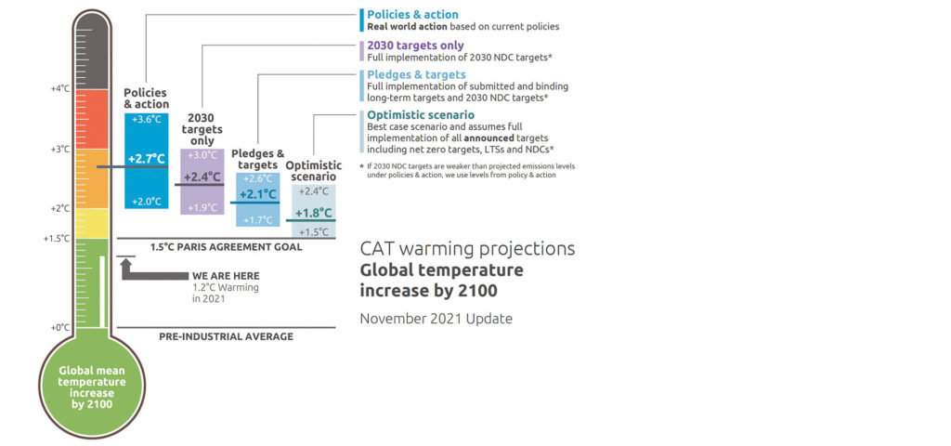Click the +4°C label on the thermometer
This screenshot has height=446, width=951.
tap(60, 88)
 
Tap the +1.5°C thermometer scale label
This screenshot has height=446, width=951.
tap(57, 239)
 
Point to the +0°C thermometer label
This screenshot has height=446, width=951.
tap(60, 328)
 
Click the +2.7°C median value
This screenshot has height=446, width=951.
tap(147, 159)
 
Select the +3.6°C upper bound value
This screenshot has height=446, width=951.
tap(147, 120)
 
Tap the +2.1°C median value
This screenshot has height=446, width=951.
tap(258, 195)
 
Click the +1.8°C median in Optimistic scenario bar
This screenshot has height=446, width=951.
tap(314, 213)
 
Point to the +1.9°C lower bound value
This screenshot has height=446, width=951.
tap(202, 207)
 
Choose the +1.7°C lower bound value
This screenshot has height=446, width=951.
tap(258, 220)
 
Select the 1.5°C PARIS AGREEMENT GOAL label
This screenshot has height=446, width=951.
tap(227, 247)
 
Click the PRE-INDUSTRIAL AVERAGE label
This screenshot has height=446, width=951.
tap(227, 336)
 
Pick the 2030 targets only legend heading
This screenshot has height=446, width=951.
tap(415, 46)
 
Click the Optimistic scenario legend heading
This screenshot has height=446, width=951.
tap(421, 114)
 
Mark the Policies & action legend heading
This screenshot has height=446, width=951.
tap(413, 15)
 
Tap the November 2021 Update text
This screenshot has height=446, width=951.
tap(436, 319)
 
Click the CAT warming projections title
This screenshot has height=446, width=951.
tap(468, 249)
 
